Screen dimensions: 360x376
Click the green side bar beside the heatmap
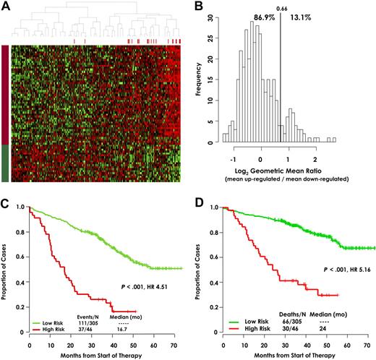pyautogui.click(x=5, y=163)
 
